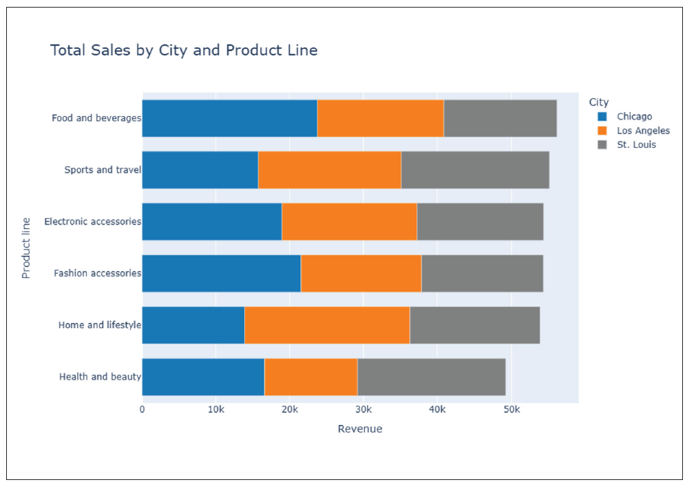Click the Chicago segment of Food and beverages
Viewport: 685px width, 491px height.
[229, 118]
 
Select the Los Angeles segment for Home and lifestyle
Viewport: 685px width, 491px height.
[327, 325]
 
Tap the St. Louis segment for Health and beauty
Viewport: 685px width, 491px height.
[431, 377]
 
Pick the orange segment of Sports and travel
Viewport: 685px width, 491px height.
[330, 170]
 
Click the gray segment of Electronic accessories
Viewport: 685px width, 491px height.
[480, 221]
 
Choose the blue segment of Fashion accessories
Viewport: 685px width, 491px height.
[221, 273]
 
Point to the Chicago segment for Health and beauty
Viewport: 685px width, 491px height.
[203, 377]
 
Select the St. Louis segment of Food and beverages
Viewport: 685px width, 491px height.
[500, 118]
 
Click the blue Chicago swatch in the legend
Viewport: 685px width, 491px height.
[602, 117]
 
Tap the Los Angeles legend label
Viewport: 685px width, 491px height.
[643, 131]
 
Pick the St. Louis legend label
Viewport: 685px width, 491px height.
[636, 145]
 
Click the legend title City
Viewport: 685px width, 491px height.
[598, 102]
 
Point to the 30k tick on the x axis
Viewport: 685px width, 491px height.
[363, 410]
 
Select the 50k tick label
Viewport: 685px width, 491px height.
[510, 410]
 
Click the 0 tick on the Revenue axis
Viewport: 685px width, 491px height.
[143, 410]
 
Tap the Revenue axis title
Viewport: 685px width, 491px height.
[359, 429]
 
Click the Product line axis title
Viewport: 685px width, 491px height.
[26, 248]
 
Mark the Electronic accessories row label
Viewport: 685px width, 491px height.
[92, 221]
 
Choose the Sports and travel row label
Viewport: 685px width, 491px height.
[102, 170]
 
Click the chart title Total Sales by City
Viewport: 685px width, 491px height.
[184, 50]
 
